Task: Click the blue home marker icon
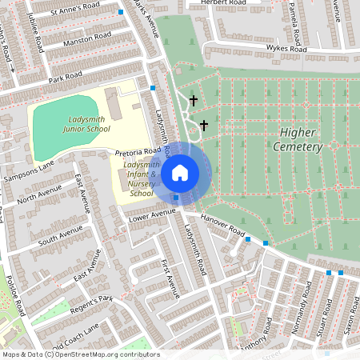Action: pos(180,172)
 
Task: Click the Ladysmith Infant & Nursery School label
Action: pos(141,178)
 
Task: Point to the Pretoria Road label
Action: pos(138,150)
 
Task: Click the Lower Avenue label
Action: pos(151,214)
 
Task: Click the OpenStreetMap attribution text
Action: pos(80,354)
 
